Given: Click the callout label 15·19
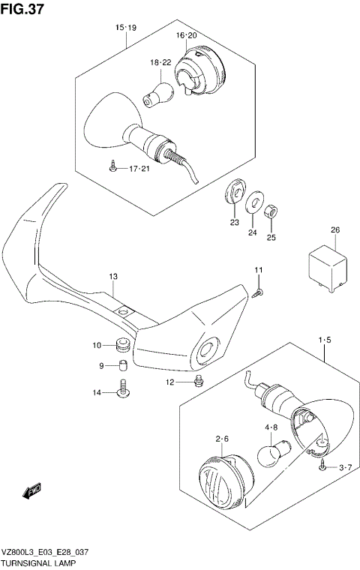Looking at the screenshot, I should [x=125, y=28].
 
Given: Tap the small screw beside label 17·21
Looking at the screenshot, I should [x=112, y=168].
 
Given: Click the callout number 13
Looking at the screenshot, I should [x=112, y=277].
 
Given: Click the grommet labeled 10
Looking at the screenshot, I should [x=121, y=345].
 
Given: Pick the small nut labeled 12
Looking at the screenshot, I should [x=196, y=382].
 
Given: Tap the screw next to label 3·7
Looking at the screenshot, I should [x=322, y=466].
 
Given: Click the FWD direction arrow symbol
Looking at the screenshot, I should [x=31, y=492].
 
